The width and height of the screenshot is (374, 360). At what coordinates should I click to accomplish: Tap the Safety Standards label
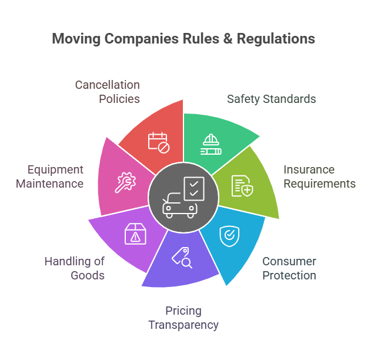[272, 99]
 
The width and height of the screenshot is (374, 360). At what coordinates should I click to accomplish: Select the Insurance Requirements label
[319, 176]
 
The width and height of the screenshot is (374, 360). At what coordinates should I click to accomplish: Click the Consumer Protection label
[289, 268]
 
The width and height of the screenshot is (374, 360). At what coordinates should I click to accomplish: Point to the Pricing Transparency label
[183, 318]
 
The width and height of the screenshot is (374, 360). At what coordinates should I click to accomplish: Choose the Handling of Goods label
[75, 268]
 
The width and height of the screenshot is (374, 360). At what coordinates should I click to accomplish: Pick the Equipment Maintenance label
[55, 176]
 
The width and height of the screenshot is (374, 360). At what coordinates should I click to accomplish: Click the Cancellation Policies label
[107, 92]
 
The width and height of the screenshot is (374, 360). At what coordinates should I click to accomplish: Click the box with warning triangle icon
[135, 235]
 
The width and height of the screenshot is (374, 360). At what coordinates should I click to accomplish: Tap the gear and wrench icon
[125, 182]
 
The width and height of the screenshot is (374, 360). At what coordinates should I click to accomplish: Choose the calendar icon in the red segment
[158, 142]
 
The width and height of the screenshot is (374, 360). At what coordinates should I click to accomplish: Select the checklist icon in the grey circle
[194, 188]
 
